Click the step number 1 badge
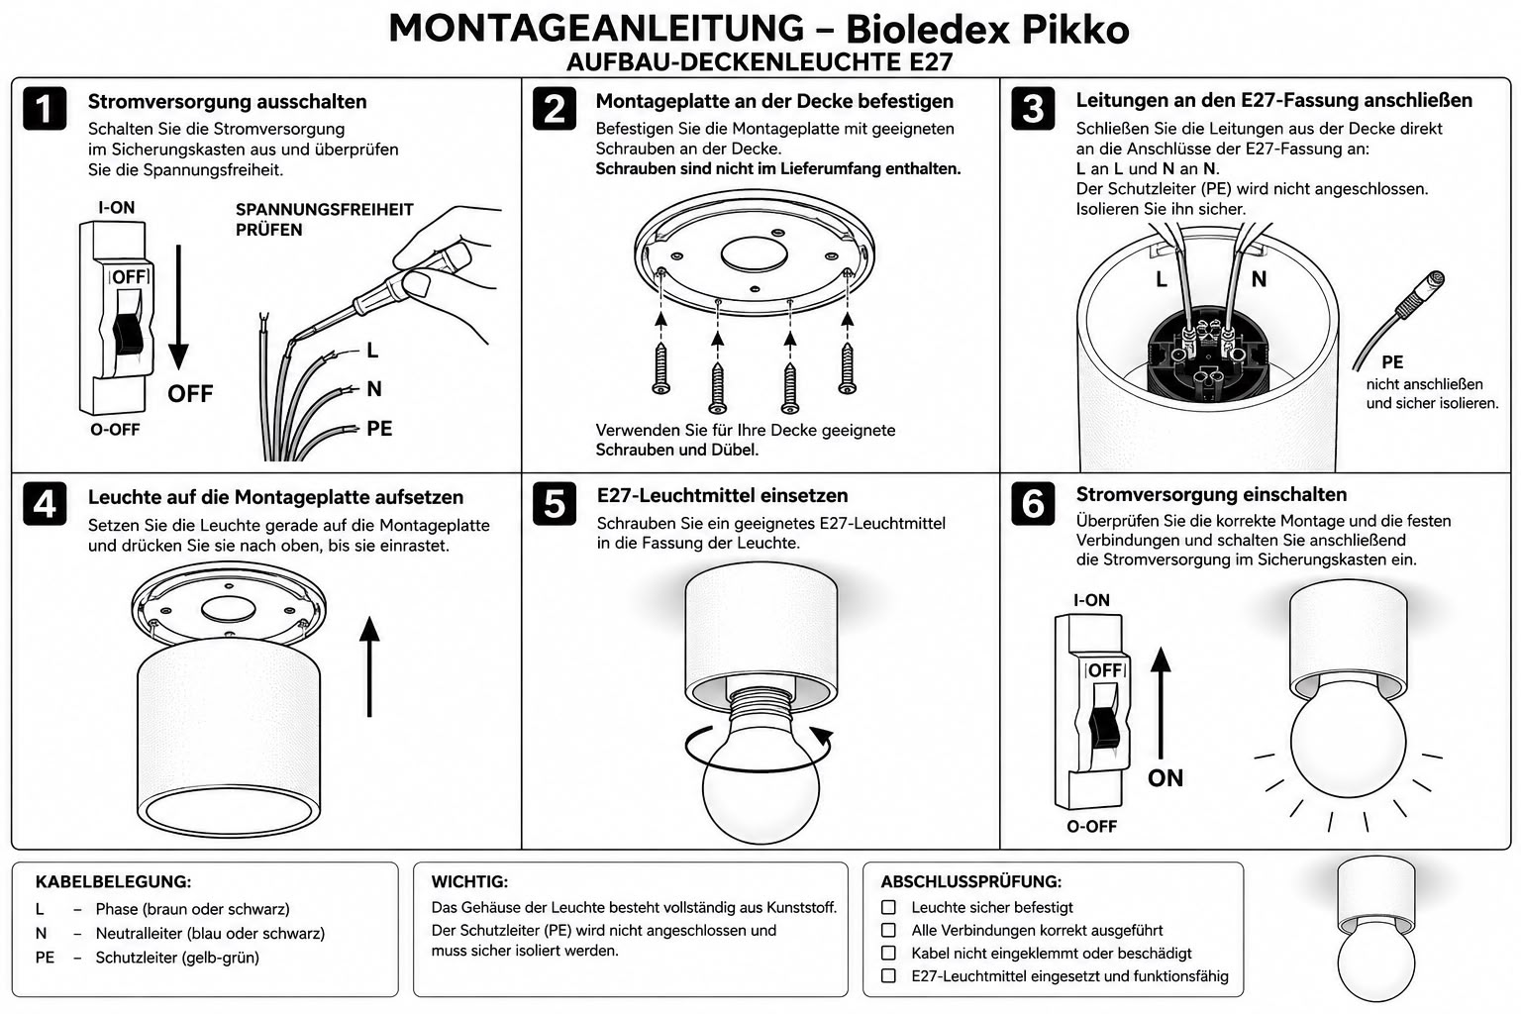pyautogui.click(x=45, y=108)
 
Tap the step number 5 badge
pyautogui.click(x=555, y=503)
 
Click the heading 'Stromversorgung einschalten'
pyautogui.click(x=1211, y=494)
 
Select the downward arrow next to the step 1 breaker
pyautogui.click(x=178, y=308)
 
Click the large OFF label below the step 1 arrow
pyautogui.click(x=190, y=393)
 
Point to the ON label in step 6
pyautogui.click(x=1166, y=777)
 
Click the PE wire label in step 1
pyautogui.click(x=379, y=429)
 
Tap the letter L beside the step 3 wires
pyautogui.click(x=1162, y=279)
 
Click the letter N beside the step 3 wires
pyautogui.click(x=1259, y=278)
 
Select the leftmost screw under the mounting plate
pyautogui.click(x=660, y=368)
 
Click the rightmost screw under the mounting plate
pyautogui.click(x=847, y=368)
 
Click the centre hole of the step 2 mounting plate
pyautogui.click(x=754, y=254)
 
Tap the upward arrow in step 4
pyautogui.click(x=369, y=666)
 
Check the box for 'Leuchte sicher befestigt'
pyautogui.click(x=888, y=907)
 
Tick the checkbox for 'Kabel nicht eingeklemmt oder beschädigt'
pyautogui.click(x=888, y=953)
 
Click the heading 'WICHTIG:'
pyautogui.click(x=470, y=881)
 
